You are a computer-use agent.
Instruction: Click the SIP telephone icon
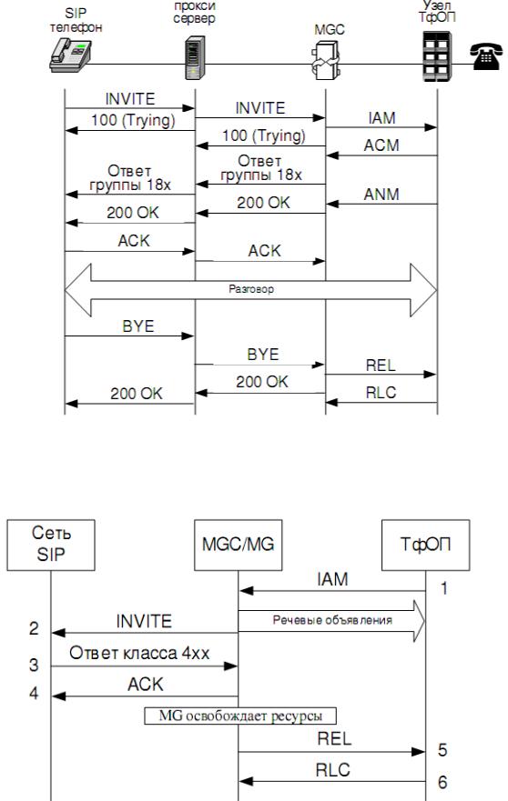[x=70, y=57]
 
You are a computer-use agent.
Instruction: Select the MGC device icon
[x=326, y=60]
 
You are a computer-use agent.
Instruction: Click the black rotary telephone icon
[x=486, y=56]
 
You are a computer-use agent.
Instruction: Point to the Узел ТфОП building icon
[x=437, y=56]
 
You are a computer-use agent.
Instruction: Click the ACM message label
[x=381, y=145]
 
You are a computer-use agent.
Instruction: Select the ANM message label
[x=381, y=195]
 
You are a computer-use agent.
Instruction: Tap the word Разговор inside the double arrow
[x=251, y=289]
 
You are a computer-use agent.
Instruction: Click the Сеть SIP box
[x=51, y=546]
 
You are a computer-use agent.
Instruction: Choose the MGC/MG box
[x=238, y=546]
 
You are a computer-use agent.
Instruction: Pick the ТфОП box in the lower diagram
[x=426, y=546]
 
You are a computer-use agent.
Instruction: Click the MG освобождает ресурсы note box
[x=240, y=716]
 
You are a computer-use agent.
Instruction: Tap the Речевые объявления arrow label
[x=332, y=620]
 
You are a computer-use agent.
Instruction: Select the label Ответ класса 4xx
[x=139, y=653]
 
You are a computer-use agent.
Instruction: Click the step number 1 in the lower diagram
[x=444, y=588]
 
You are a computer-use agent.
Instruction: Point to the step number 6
[x=442, y=782]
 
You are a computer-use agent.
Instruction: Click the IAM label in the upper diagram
[x=381, y=118]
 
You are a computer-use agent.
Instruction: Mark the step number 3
[x=34, y=666]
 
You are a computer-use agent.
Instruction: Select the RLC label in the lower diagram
[x=332, y=770]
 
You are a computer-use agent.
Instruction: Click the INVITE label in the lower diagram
[x=144, y=621]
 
